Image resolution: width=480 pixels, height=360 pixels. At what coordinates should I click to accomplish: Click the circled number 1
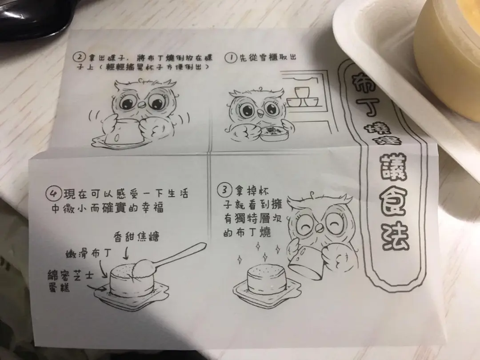pos(231,58)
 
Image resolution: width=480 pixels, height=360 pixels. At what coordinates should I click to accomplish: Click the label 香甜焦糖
pos(136,236)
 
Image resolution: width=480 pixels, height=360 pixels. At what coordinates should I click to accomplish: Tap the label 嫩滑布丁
pos(88,253)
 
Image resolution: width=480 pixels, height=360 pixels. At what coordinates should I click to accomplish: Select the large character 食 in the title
pos(393,202)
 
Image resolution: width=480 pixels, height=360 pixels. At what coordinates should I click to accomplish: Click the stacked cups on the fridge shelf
pos(303,97)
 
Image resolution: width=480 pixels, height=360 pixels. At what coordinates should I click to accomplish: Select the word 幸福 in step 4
pos(152,208)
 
